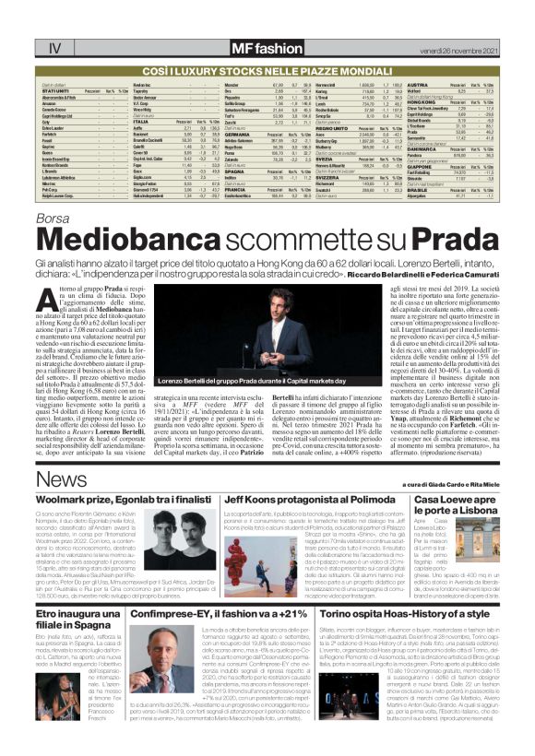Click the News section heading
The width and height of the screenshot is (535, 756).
pos(62,482)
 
